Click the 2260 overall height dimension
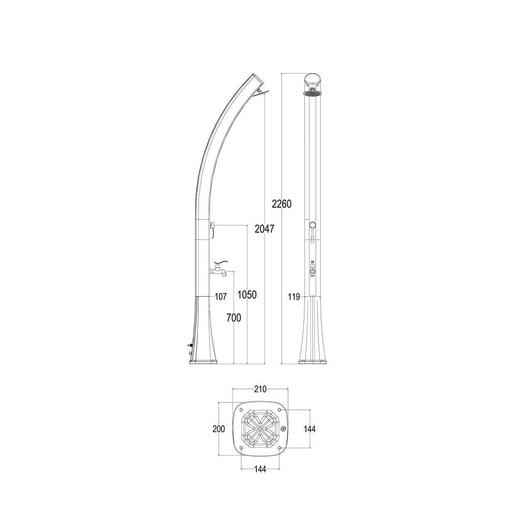pyautogui.click(x=282, y=204)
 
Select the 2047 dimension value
pyautogui.click(x=265, y=228)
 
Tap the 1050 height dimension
pyautogui.click(x=247, y=295)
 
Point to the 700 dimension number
pyautogui.click(x=234, y=318)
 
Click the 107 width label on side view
pyautogui.click(x=220, y=296)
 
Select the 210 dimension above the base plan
pyautogui.click(x=260, y=389)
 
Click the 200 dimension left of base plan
pyautogui.click(x=219, y=429)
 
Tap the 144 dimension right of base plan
pyautogui.click(x=310, y=429)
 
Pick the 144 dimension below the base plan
pyautogui.click(x=260, y=469)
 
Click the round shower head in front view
pyautogui.click(x=313, y=94)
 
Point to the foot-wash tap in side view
pyautogui.click(x=219, y=270)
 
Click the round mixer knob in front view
pyautogui.click(x=312, y=225)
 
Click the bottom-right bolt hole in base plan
pyautogui.click(x=279, y=448)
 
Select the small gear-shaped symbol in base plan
pyautogui.click(x=283, y=429)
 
